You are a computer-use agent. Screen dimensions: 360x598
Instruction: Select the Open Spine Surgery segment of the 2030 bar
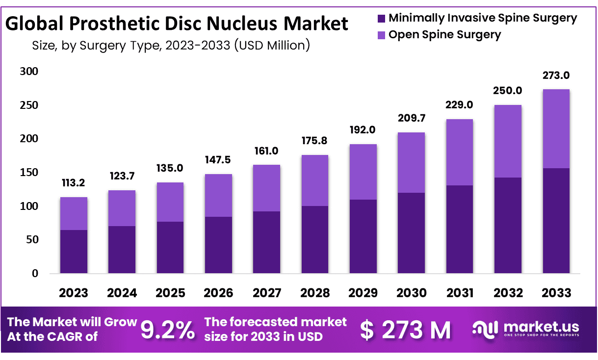tap(411, 162)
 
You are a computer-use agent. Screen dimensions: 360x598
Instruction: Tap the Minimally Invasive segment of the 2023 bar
tap(74, 251)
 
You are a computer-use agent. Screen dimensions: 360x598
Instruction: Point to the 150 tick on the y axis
tap(28, 173)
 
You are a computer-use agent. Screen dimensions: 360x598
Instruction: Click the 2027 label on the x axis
tap(267, 293)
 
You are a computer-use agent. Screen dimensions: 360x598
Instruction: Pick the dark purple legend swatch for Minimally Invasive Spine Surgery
tap(381, 19)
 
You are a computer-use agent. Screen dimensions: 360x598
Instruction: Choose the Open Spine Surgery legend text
tap(444, 35)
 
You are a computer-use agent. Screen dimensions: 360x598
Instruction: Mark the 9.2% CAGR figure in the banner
tap(167, 330)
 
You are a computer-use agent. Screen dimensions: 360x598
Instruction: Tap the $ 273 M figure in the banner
tap(405, 330)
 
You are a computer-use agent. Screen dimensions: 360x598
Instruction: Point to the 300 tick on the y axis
tap(28, 72)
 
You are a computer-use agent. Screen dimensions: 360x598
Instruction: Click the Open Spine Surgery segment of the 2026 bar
tap(218, 195)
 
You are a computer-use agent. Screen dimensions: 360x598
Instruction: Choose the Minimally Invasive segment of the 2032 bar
tap(508, 225)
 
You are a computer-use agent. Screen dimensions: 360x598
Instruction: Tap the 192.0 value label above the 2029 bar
tap(363, 130)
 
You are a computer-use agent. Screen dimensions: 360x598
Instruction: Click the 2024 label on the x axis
tap(122, 293)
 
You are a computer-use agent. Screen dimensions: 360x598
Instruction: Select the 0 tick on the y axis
tap(35, 273)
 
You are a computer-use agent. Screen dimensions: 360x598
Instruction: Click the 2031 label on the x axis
tap(460, 293)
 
